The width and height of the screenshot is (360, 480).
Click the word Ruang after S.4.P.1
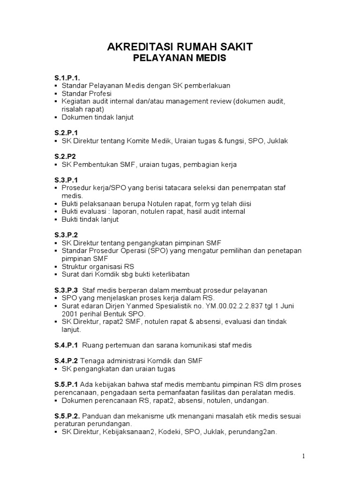93,345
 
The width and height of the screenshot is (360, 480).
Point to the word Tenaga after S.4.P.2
92,361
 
